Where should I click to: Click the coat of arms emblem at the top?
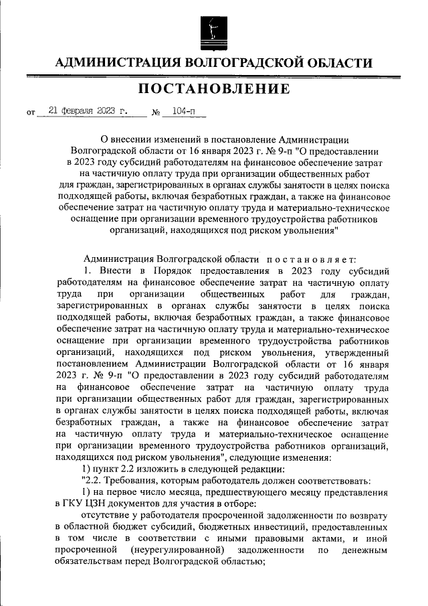(214, 31)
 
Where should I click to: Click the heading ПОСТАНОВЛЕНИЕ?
(214, 90)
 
